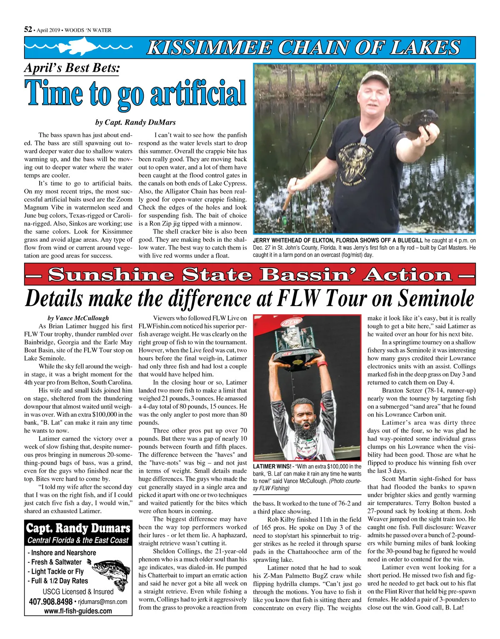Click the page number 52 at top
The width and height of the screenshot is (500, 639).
(x=28, y=29)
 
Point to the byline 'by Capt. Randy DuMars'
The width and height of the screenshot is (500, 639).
(x=135, y=123)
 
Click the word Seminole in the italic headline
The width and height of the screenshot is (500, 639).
(x=435, y=298)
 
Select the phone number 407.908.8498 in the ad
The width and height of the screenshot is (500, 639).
(x=51, y=602)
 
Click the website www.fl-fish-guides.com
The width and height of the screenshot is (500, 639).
(x=78, y=611)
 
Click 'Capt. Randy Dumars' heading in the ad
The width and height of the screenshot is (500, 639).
(x=78, y=529)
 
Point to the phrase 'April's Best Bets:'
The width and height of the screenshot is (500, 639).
(x=72, y=68)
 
